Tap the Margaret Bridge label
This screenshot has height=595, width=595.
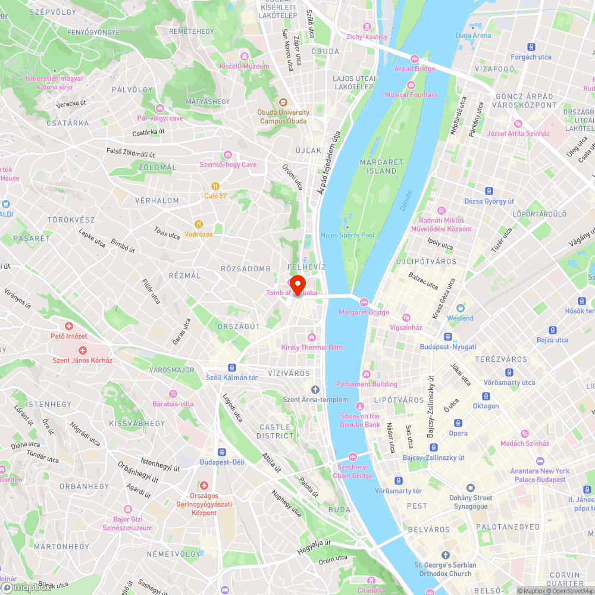(364, 312)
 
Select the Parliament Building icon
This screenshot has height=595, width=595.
(366, 374)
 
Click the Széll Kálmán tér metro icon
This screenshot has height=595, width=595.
(231, 368)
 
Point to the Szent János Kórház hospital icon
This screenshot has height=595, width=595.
(82, 350)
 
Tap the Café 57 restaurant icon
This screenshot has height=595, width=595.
(216, 186)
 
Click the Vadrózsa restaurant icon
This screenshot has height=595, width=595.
(198, 224)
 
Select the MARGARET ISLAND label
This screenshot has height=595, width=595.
(381, 166)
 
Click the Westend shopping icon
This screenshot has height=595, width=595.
(460, 308)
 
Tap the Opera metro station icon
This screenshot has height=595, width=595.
(458, 423)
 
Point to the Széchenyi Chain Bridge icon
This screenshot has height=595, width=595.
(353, 457)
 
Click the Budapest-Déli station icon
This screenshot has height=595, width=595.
(222, 452)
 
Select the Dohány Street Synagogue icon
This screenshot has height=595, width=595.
(471, 488)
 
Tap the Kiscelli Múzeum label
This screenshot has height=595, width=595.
(244, 66)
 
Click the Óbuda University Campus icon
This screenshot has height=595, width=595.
(283, 102)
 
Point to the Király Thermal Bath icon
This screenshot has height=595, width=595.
(312, 337)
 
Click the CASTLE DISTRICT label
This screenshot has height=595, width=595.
(275, 431)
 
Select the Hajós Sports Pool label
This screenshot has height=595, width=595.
(347, 235)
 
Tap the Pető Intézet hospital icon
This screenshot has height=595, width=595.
(69, 326)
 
